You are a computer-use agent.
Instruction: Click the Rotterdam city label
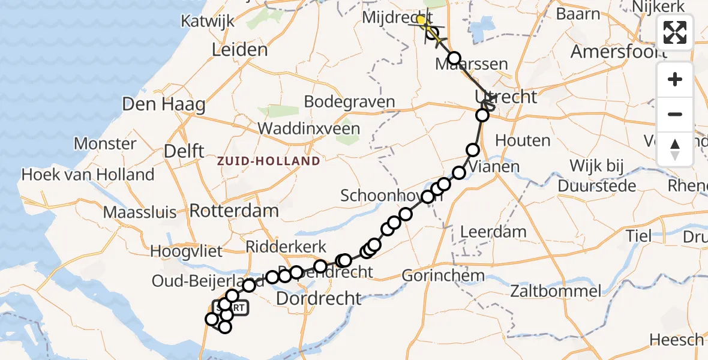pos(234,211)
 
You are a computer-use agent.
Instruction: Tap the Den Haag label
pos(163,104)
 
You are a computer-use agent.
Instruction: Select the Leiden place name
pos(239,49)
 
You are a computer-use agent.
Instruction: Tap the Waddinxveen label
pos(309,128)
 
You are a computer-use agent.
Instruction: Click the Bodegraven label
pos(349,101)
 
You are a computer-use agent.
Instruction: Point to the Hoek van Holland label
pos(88,175)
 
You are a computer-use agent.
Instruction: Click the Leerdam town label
pos(493,232)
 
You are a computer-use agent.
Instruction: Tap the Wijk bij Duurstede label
pos(596,176)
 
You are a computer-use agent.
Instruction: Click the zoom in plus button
pos(675,79)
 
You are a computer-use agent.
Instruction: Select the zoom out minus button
pos(675,114)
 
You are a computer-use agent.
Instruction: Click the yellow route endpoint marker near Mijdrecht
pos(421,20)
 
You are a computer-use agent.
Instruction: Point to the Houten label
pos(523,140)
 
